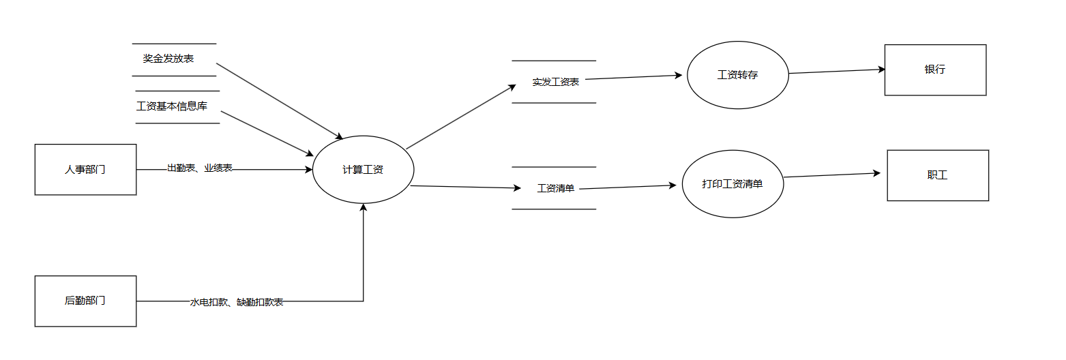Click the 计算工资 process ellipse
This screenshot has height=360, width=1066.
pos(363,170)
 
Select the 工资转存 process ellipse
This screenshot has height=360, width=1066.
pos(737,75)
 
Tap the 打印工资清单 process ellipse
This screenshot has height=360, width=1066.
pos(732,184)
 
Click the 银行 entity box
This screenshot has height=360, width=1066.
pos(935,70)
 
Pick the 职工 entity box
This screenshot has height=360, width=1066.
pos(937,175)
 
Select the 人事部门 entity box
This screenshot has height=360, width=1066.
pos(85,170)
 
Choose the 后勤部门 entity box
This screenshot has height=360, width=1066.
pos(85,301)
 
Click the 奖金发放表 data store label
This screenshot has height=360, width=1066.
pos(168,59)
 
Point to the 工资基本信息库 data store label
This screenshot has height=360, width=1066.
pos(172,106)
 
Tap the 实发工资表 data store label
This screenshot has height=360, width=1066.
pos(556,82)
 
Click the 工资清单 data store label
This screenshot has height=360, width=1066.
pos(556,188)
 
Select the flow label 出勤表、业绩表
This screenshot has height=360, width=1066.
pos(200,168)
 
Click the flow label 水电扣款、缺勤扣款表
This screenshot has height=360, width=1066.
pos(237,302)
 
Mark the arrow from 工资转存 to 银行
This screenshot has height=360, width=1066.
pos(837,71)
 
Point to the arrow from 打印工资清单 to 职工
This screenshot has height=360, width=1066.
pos(832,175)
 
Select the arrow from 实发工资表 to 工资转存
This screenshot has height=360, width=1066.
pos(634,77)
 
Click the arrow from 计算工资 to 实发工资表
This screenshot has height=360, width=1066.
pos(461,117)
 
